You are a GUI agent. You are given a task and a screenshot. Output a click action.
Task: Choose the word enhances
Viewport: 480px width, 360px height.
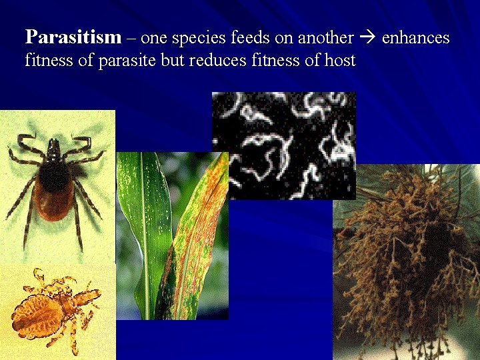pyautogui.click(x=416, y=38)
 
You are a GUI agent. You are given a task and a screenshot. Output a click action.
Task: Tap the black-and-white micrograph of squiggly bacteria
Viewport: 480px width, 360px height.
pyautogui.click(x=283, y=145)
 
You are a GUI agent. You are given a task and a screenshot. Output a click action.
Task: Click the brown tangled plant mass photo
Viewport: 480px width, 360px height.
pyautogui.click(x=407, y=260)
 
